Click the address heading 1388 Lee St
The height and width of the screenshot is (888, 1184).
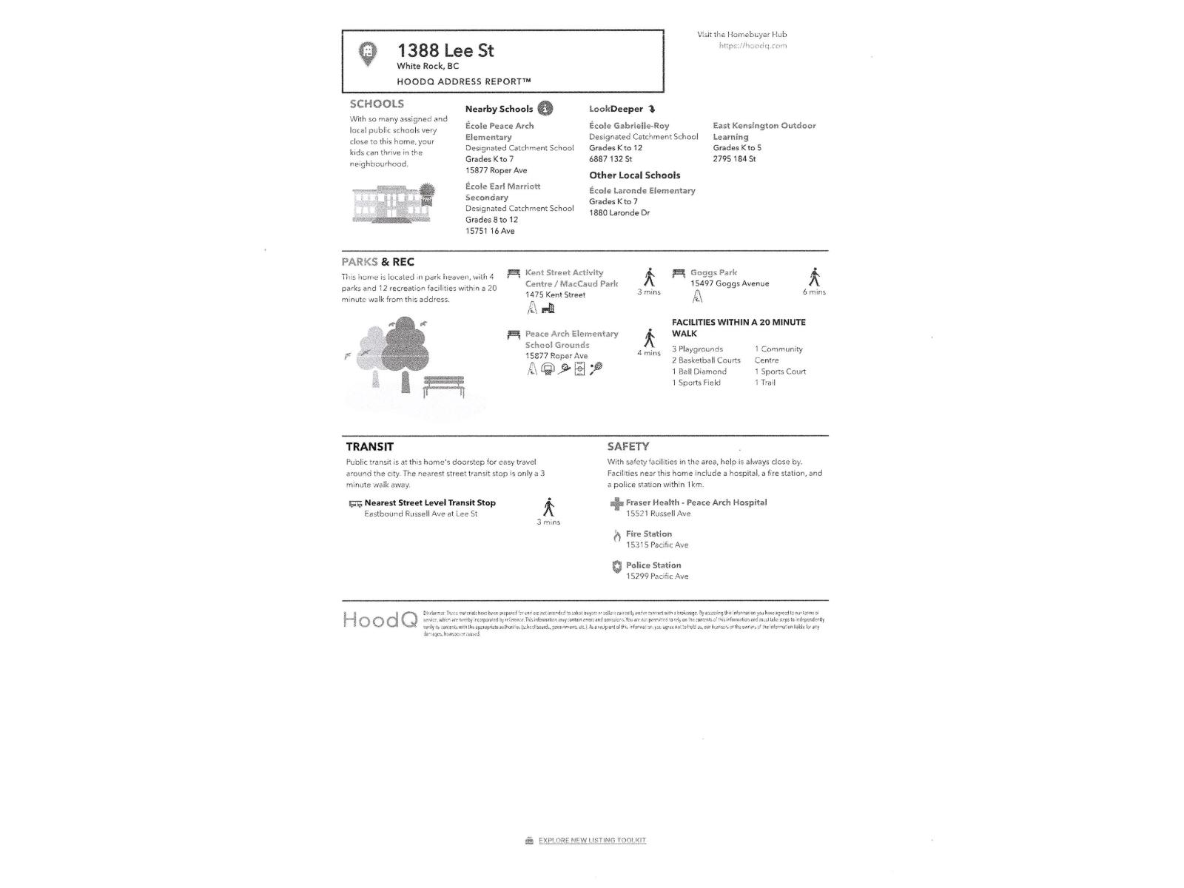(x=445, y=50)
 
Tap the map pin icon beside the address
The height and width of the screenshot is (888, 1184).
(x=367, y=53)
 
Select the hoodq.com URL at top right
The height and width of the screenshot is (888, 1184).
(x=753, y=46)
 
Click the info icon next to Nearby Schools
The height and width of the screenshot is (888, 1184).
(x=545, y=109)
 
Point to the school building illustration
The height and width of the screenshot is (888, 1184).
(x=392, y=203)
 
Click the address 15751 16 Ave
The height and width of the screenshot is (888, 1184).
(x=490, y=231)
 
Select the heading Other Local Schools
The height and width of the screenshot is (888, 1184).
(x=634, y=175)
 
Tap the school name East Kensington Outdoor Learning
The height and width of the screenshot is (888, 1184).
(x=764, y=131)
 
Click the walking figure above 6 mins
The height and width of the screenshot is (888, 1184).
(x=814, y=277)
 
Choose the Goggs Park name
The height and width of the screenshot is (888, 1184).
(x=713, y=272)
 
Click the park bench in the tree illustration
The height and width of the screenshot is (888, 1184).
(x=444, y=385)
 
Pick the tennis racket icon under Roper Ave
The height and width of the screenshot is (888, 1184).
(x=596, y=368)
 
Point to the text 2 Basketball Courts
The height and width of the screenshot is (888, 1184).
(x=706, y=360)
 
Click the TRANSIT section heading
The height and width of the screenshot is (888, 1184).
(x=370, y=447)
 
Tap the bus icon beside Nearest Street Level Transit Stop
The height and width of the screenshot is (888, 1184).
(x=355, y=504)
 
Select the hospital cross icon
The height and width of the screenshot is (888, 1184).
(x=616, y=504)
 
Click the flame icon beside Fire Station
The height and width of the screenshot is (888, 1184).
(x=616, y=535)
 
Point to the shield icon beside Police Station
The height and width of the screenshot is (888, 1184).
(x=616, y=567)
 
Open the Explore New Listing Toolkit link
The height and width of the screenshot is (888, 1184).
(x=591, y=841)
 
